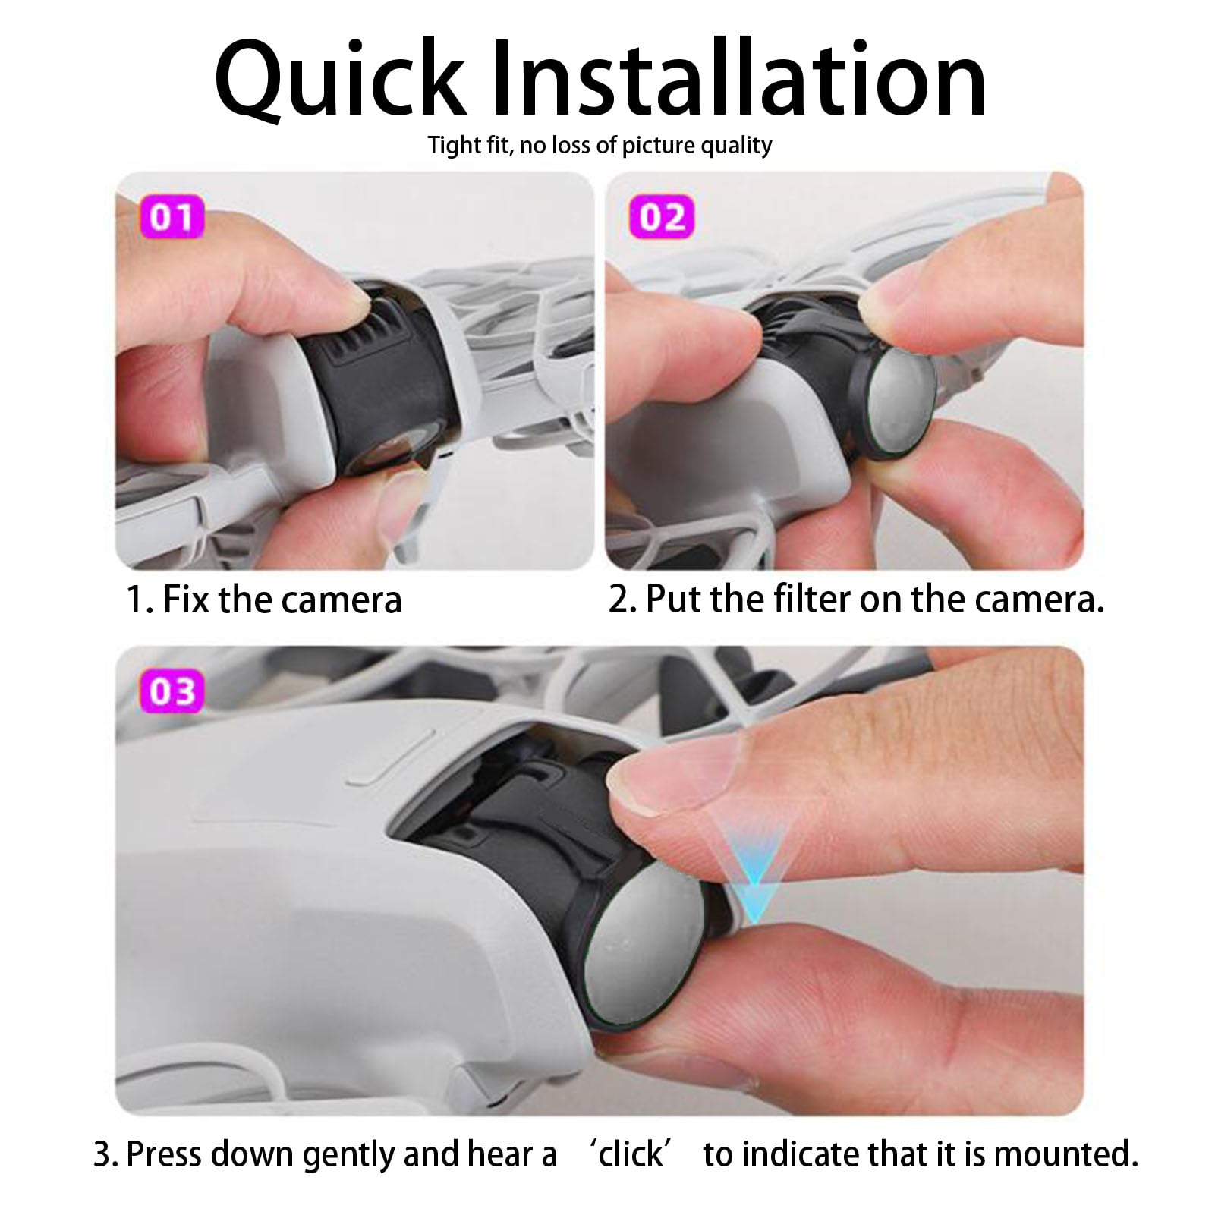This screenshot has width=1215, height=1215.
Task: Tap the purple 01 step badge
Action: tap(172, 217)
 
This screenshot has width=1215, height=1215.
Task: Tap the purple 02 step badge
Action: tap(662, 217)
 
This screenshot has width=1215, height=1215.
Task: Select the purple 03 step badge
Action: tap(172, 691)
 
